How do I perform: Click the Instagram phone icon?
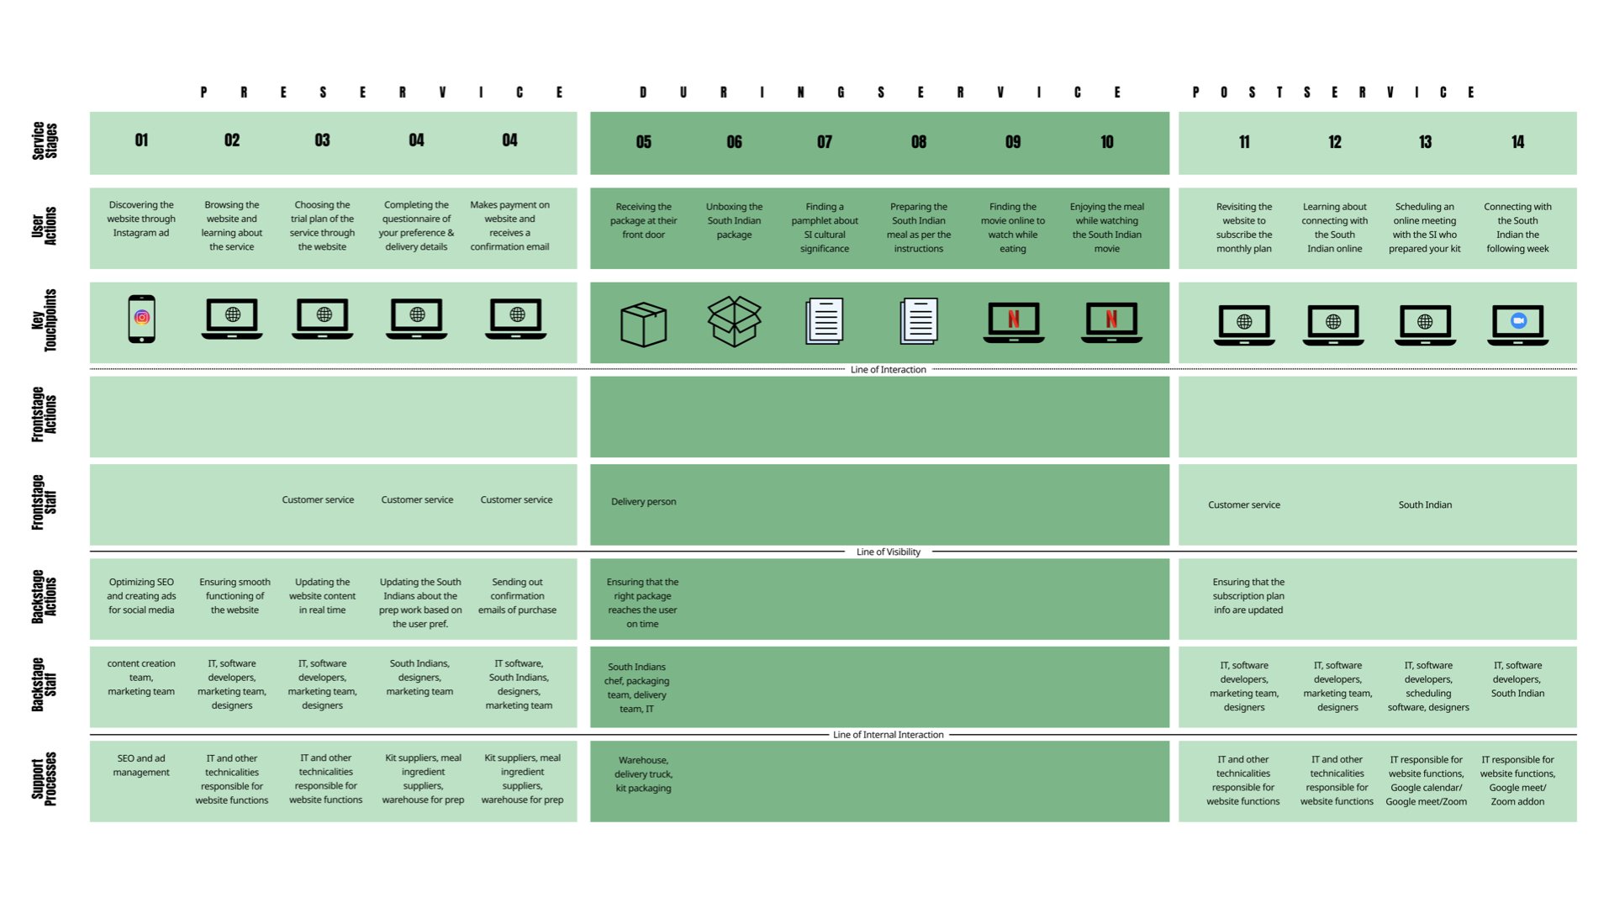tap(141, 319)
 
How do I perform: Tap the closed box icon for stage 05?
tap(643, 324)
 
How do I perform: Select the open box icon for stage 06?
tap(734, 321)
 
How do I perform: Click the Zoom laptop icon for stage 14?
tap(1517, 324)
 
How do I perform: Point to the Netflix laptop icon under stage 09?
tap(1013, 322)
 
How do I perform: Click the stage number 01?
tap(141, 140)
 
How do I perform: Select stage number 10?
tap(1106, 142)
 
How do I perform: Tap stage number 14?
tap(1517, 142)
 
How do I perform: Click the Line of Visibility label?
tap(888, 552)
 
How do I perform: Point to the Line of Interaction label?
tap(888, 370)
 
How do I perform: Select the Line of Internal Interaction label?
tap(888, 735)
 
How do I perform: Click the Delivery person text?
tap(643, 502)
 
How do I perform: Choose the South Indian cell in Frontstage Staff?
tap(1425, 505)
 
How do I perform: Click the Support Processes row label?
tap(44, 779)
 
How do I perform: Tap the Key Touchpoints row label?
tap(44, 320)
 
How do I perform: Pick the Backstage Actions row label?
tap(44, 597)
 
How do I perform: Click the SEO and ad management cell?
tap(141, 765)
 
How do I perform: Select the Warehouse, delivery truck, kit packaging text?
tap(643, 774)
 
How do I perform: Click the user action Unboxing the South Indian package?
tap(734, 220)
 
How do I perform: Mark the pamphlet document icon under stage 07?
tap(824, 321)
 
